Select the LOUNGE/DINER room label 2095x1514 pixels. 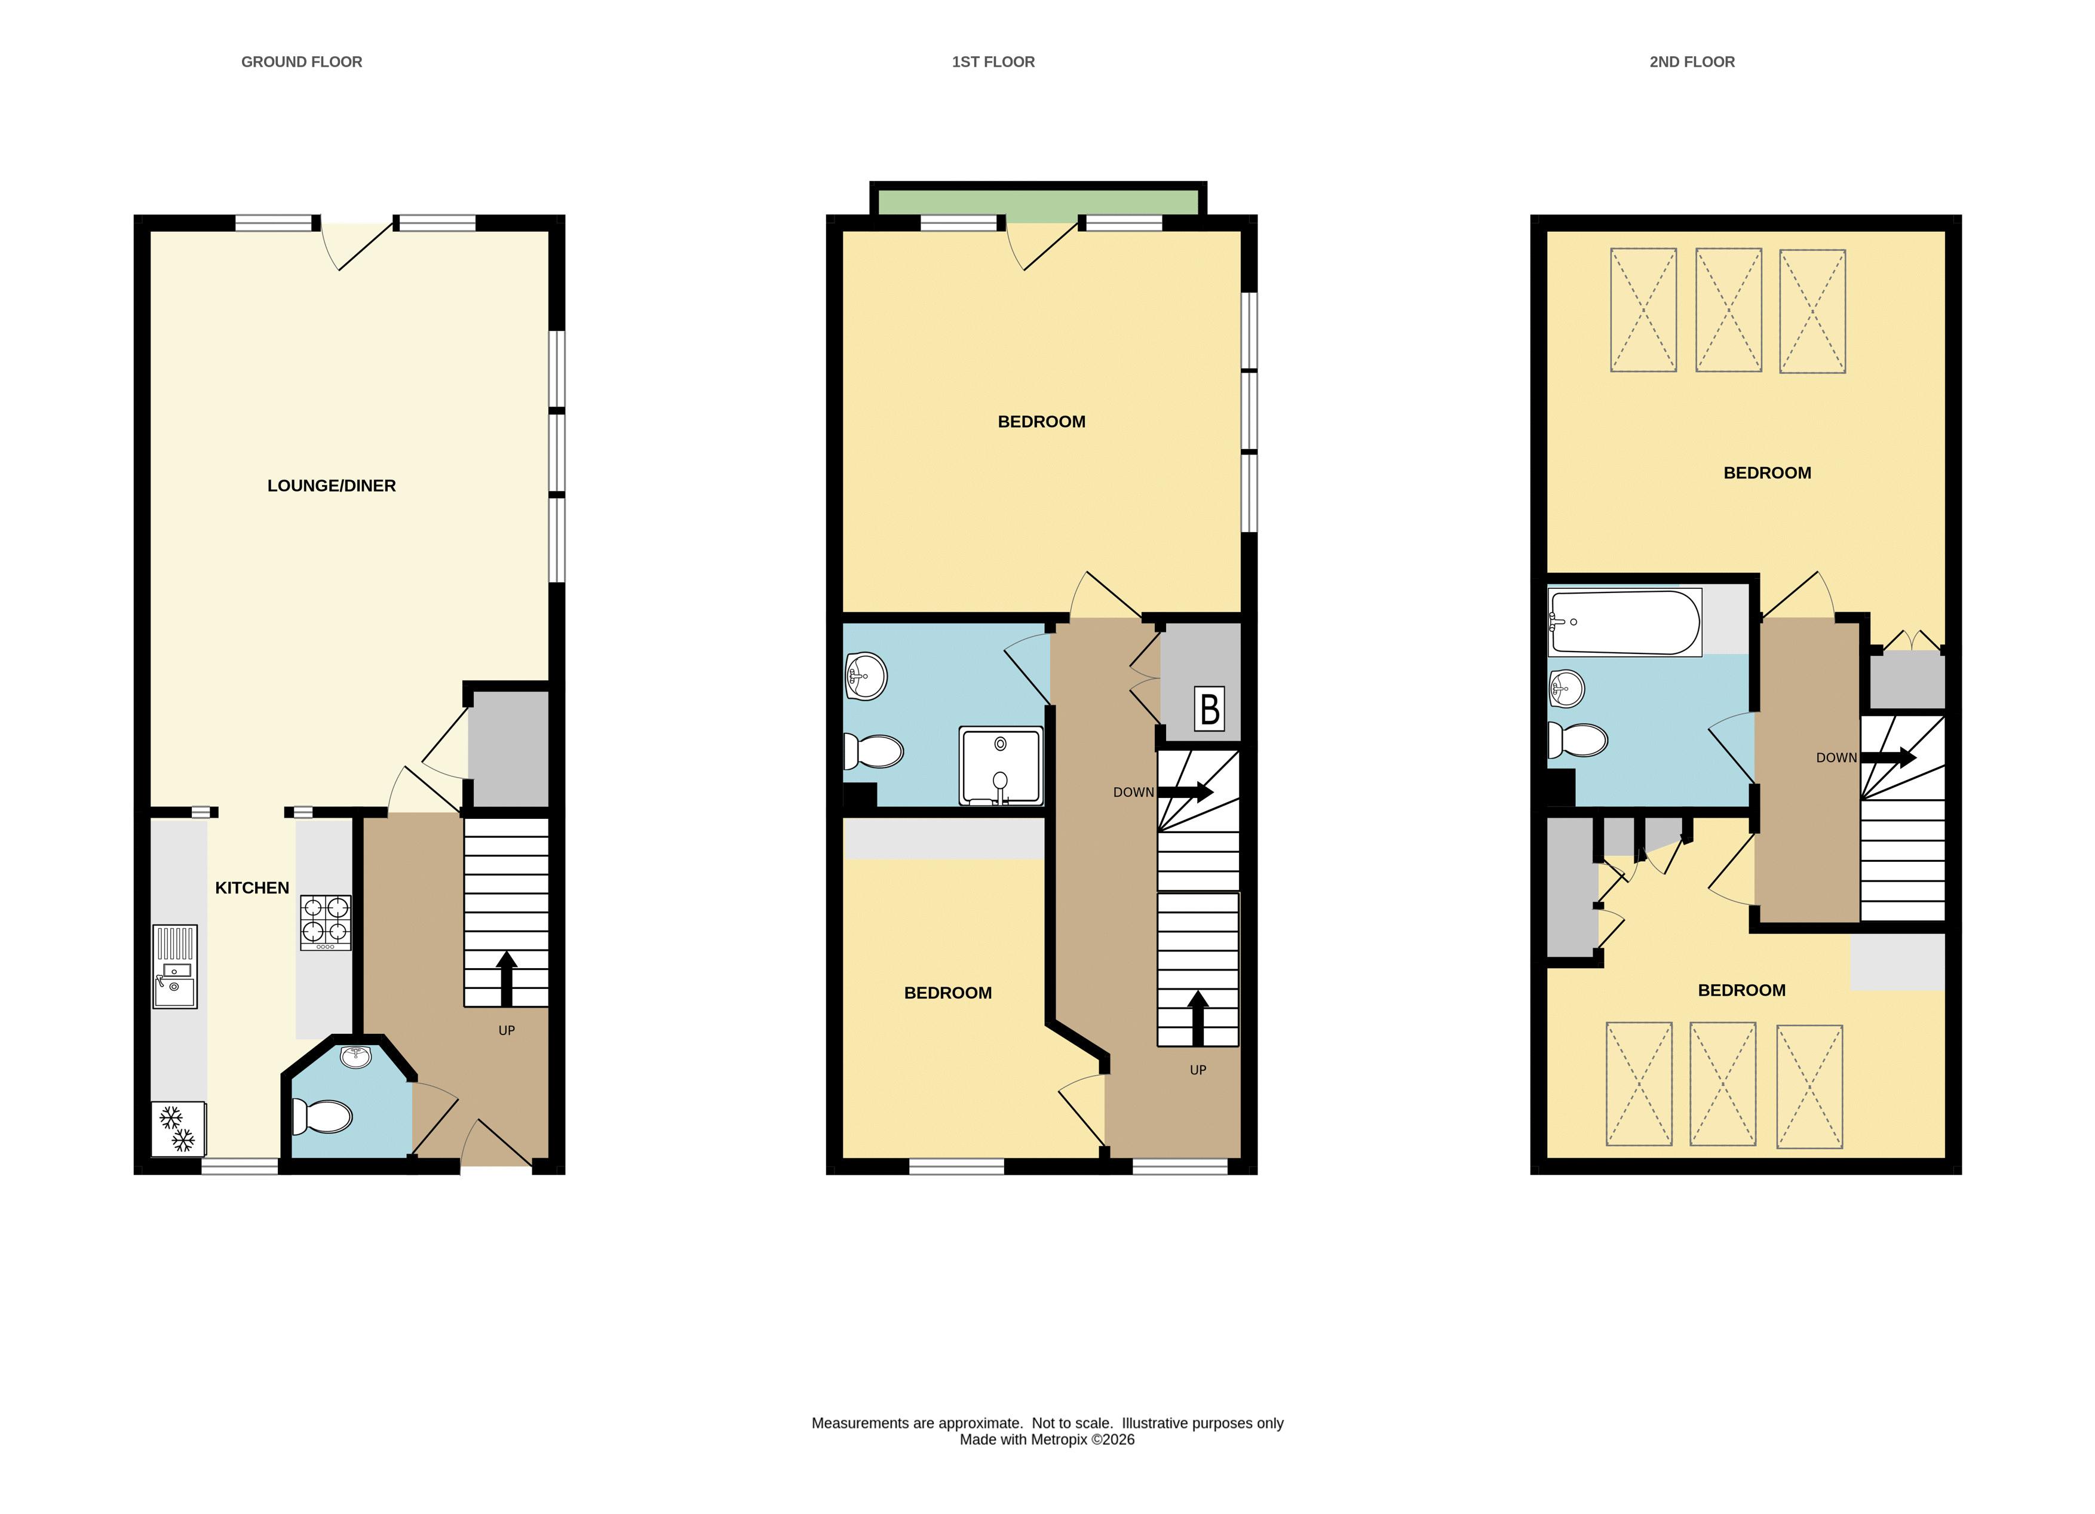332,486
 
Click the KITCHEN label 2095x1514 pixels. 252,887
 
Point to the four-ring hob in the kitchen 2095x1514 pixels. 325,922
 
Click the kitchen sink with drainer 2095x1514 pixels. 174,967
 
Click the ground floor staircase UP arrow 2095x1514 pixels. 505,978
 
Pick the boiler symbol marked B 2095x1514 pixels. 1209,708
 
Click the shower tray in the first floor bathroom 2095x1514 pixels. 1001,765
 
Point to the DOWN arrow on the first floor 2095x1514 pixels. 1185,792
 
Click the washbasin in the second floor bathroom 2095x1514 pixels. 1567,688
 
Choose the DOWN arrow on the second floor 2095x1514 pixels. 1888,757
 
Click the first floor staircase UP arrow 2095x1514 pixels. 1198,1018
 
